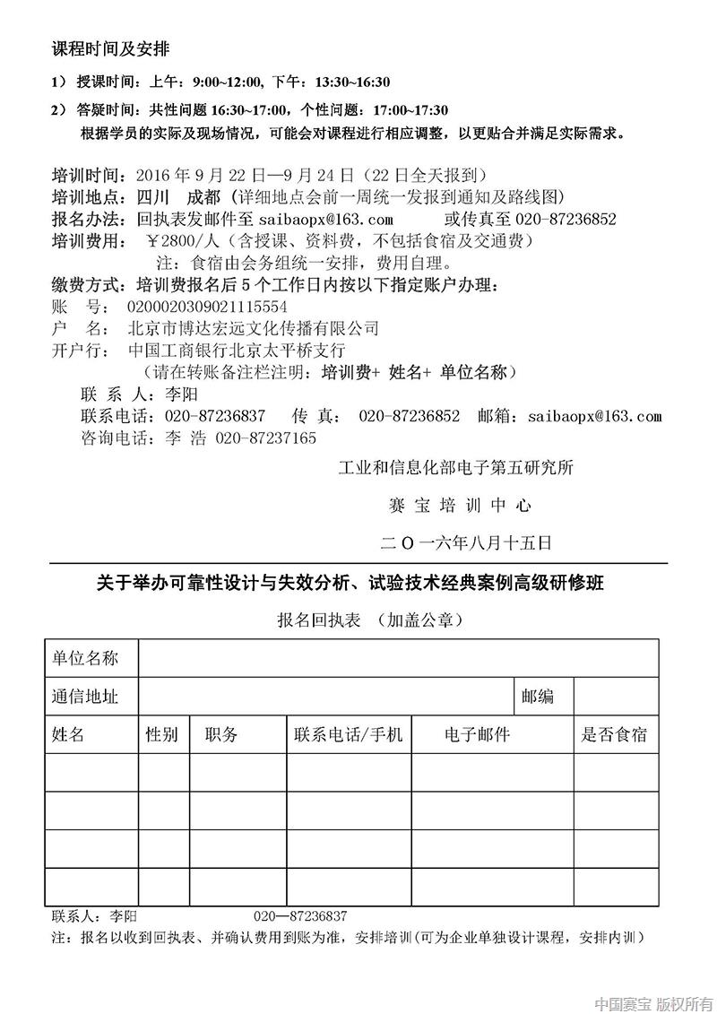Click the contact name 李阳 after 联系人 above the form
pyautogui.click(x=181, y=394)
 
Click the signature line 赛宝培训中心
pyautogui.click(x=460, y=506)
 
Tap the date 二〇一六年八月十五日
pyautogui.click(x=465, y=543)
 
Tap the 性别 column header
pyautogui.click(x=162, y=735)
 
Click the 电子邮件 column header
pyautogui.click(x=477, y=735)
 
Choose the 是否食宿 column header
pyautogui.click(x=614, y=735)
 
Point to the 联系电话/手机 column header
pyautogui.click(x=348, y=735)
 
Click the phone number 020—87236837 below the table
pyautogui.click(x=300, y=916)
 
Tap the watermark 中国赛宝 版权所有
pyautogui.click(x=653, y=1002)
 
